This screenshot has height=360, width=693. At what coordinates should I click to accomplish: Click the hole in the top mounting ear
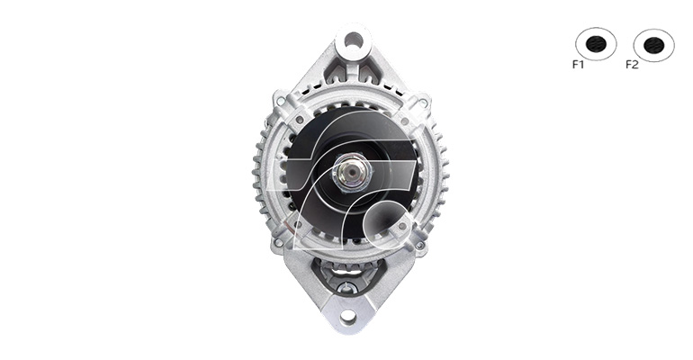(353, 40)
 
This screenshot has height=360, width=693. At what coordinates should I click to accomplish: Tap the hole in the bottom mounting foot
(348, 315)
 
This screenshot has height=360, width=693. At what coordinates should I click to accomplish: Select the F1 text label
(578, 65)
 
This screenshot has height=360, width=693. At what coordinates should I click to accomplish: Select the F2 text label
(632, 65)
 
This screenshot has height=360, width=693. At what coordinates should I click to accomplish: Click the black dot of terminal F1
(596, 44)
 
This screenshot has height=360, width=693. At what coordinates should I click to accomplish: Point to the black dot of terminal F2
(654, 45)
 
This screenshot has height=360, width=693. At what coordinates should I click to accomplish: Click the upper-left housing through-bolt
(280, 102)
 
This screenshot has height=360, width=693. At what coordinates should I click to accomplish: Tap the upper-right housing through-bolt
(422, 103)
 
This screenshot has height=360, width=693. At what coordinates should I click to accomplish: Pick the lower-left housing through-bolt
(278, 242)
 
